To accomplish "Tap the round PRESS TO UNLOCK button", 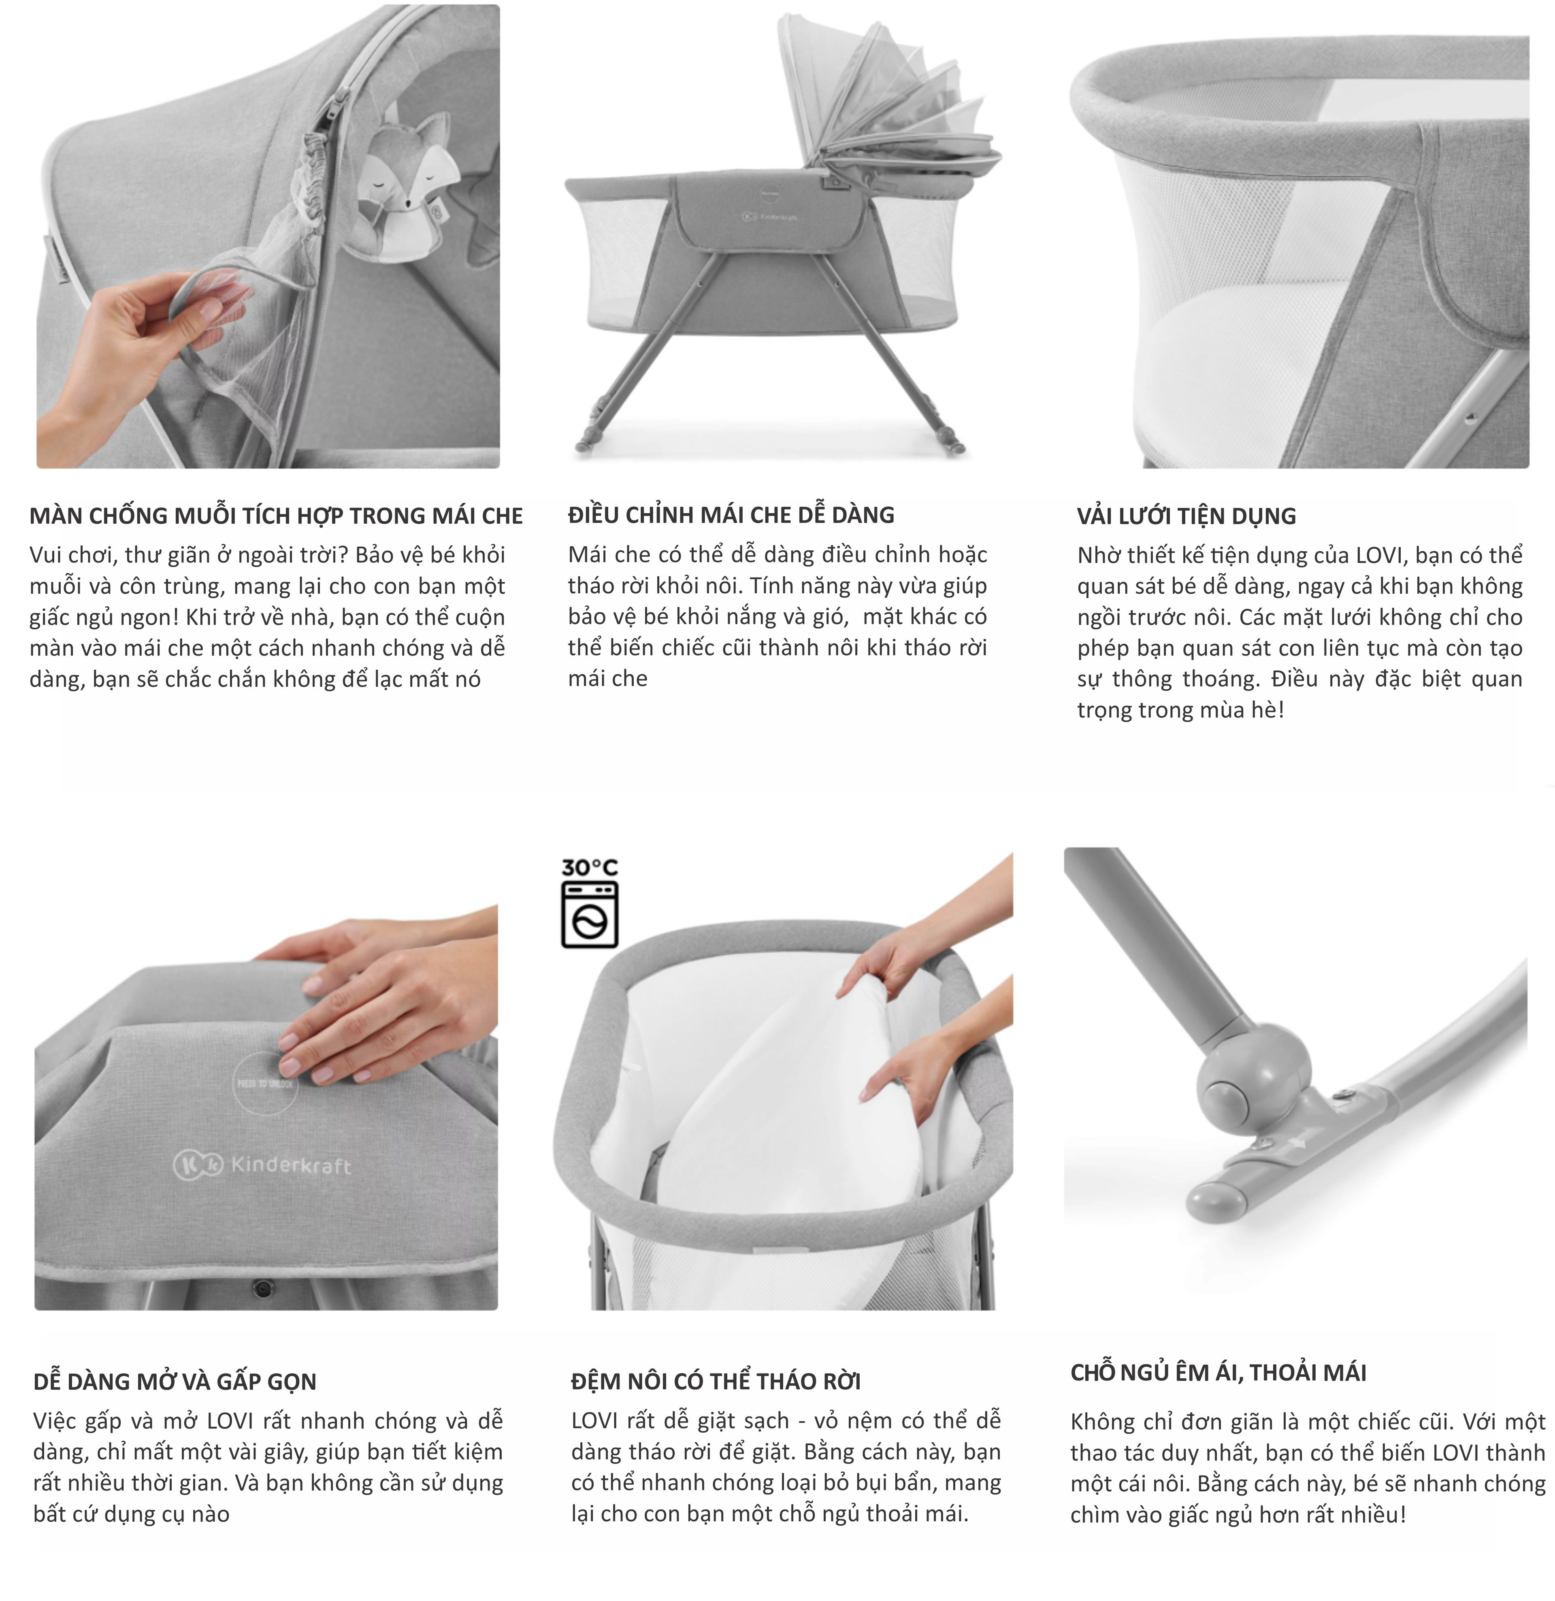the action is pos(266,1082).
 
